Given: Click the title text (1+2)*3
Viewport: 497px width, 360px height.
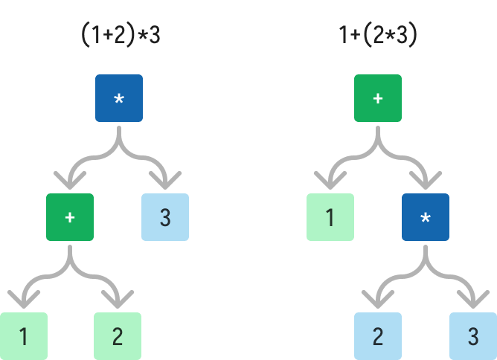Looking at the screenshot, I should point(121,36).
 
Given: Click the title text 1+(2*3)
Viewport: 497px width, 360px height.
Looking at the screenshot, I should point(377,36).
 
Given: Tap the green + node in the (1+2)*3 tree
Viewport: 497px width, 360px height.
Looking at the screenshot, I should point(70,217).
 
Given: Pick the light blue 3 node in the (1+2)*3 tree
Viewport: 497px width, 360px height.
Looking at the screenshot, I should point(165,217).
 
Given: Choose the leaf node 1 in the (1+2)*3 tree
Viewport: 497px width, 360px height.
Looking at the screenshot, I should point(23,336).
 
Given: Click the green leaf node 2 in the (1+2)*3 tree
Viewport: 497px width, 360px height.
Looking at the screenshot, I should point(118,336).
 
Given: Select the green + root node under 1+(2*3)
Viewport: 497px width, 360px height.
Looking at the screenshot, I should point(378,98).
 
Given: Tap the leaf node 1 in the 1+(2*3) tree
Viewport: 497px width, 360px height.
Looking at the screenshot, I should point(330,217).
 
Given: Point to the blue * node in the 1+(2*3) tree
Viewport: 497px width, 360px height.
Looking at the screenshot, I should point(426,217).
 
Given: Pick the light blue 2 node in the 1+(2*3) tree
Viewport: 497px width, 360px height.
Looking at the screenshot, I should point(378,336).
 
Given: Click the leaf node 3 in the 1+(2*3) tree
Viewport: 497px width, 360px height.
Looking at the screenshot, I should point(472,336).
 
